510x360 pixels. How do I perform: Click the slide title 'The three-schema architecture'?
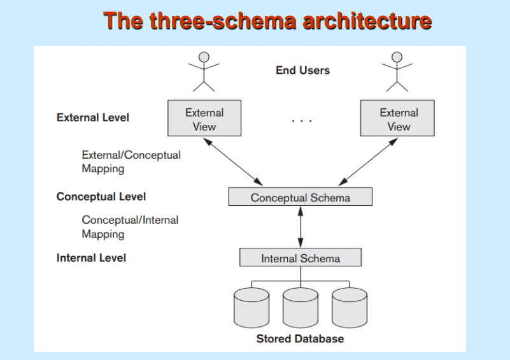click(x=267, y=21)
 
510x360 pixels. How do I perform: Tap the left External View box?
click(x=204, y=118)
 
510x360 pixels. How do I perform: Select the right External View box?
click(x=397, y=118)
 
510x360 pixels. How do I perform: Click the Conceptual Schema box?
click(x=301, y=197)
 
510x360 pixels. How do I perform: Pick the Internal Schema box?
click(x=301, y=257)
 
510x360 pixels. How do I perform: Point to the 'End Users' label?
click(x=302, y=70)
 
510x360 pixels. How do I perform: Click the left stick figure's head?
click(x=204, y=57)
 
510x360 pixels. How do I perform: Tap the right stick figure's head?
click(x=397, y=57)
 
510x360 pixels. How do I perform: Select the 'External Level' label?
click(x=93, y=117)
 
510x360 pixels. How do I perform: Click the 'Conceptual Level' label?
click(x=101, y=197)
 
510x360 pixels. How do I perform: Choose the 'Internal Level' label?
click(x=91, y=258)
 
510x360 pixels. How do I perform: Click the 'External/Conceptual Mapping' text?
click(x=131, y=162)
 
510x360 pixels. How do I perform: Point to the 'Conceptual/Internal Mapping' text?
click(x=130, y=227)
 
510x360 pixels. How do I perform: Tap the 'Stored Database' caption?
click(x=300, y=339)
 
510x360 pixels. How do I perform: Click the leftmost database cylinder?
click(x=251, y=308)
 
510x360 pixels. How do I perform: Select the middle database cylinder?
click(x=301, y=308)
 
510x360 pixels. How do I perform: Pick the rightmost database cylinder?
click(x=350, y=308)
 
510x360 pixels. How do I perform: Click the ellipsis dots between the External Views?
click(x=302, y=121)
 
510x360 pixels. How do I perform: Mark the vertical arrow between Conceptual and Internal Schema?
click(x=301, y=227)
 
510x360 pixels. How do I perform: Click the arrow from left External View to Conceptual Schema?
click(x=233, y=162)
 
